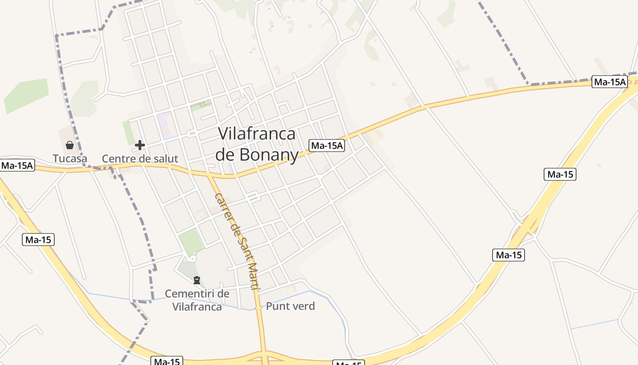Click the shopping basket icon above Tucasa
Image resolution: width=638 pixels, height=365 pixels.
[x=70, y=145]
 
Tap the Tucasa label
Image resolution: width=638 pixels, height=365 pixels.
[x=70, y=159]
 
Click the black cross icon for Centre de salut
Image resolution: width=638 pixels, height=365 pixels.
[x=140, y=145]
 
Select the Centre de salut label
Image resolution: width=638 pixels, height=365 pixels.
[x=140, y=159]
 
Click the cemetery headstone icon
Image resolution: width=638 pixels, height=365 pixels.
[x=197, y=280]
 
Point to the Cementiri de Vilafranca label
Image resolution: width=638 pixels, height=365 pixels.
[x=197, y=300]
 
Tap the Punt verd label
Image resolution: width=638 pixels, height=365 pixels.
[x=290, y=306]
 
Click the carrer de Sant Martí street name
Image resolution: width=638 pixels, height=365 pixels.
[x=237, y=242]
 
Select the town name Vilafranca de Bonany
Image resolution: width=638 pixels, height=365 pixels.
[x=257, y=144]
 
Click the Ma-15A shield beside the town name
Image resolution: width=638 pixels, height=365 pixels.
[x=327, y=146]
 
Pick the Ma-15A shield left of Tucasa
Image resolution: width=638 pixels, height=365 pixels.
[x=17, y=165]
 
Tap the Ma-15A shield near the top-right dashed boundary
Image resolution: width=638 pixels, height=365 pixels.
[x=609, y=82]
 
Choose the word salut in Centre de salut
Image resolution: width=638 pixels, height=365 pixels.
[x=165, y=159]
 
